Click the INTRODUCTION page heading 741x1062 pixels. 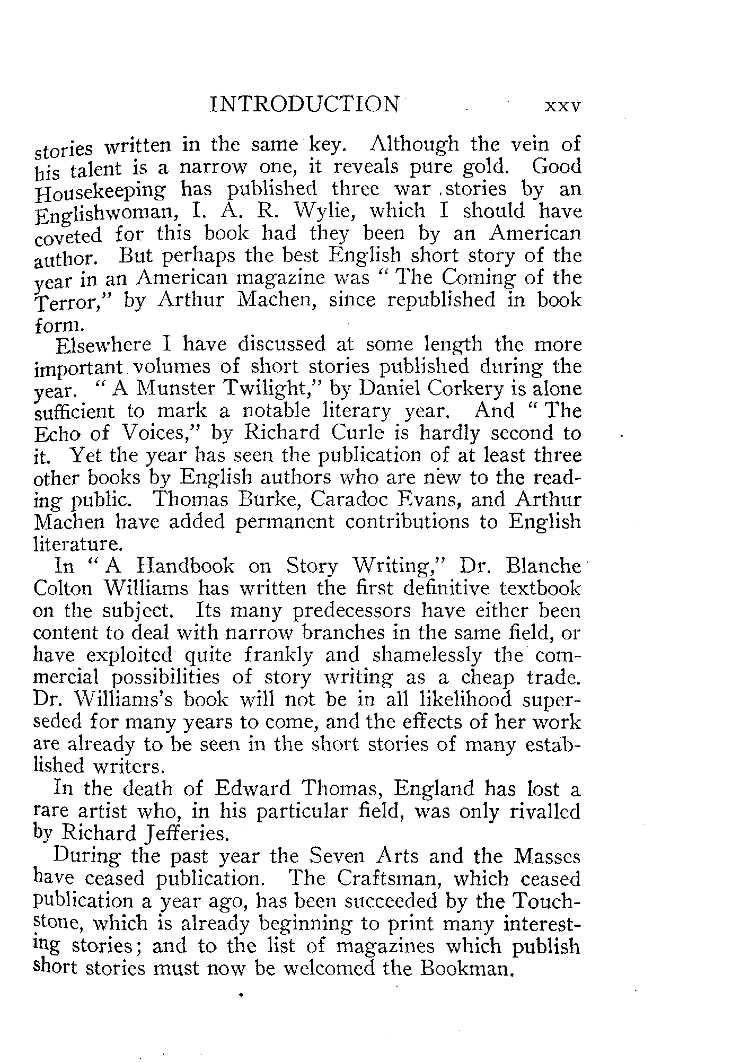point(305,104)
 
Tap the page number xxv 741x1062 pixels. point(563,106)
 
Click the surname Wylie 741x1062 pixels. point(322,210)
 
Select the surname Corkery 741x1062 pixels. point(466,389)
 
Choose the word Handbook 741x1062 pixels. point(184,566)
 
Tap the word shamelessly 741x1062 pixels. point(427,655)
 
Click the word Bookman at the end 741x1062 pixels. point(466,968)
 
